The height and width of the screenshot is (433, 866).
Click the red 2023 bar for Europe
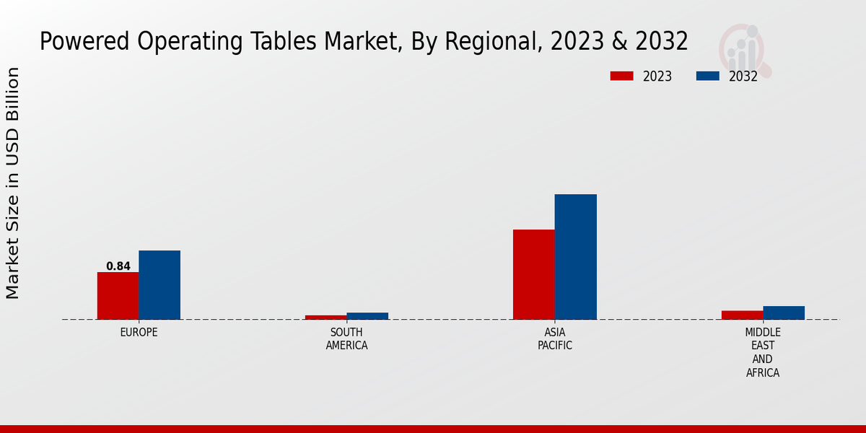(118, 295)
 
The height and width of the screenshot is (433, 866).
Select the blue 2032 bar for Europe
(159, 284)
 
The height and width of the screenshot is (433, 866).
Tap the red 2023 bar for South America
(325, 317)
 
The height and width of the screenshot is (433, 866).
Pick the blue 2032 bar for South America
(367, 315)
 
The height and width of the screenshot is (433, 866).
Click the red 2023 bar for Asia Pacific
(534, 274)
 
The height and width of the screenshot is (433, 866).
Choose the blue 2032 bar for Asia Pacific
(576, 256)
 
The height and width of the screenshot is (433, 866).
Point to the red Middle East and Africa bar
(742, 315)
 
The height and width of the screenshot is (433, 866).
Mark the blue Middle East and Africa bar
(784, 312)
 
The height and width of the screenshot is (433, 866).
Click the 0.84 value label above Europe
(118, 266)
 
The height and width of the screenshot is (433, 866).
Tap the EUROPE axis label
(139, 333)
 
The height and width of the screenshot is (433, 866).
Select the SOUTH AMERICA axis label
(346, 339)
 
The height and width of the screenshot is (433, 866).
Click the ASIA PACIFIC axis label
(555, 339)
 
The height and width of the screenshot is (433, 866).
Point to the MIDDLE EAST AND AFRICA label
(763, 352)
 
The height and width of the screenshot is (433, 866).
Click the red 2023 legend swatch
(621, 76)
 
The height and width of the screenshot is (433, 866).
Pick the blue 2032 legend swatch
(708, 76)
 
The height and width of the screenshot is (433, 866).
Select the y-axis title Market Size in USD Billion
(13, 183)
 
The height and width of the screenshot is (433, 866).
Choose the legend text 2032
(743, 76)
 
